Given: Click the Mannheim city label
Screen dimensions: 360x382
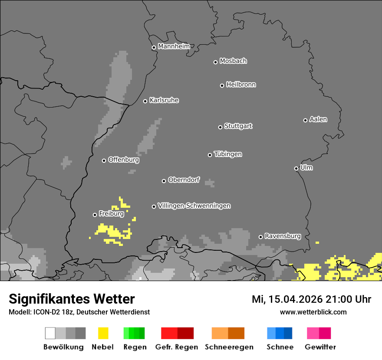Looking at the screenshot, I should [x=174, y=46].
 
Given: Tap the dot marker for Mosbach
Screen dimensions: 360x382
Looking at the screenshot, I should [x=215, y=62].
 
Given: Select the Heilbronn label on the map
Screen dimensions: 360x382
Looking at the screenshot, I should [x=241, y=85].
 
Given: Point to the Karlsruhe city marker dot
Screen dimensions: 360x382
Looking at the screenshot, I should [x=145, y=101].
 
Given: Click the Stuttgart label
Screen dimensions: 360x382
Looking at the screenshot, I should [x=238, y=126].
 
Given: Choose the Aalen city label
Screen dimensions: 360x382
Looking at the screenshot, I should [x=318, y=119].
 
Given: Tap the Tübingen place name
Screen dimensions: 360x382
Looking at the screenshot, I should [x=228, y=154].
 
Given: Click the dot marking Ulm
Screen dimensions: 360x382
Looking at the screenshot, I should [x=296, y=168].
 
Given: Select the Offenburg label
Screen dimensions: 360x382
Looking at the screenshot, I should [x=124, y=160].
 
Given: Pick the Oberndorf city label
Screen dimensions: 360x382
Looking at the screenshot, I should [x=184, y=180].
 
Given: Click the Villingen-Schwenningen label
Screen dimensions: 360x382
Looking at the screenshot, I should [x=194, y=206].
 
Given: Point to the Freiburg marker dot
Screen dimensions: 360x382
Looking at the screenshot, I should [x=95, y=215].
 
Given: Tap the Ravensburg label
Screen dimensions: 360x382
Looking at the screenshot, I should [x=283, y=236].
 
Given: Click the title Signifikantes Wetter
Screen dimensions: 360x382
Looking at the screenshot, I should [x=72, y=299].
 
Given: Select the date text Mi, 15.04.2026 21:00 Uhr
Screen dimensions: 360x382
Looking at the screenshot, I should [x=311, y=299].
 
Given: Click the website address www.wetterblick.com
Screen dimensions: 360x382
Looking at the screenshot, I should [x=313, y=312].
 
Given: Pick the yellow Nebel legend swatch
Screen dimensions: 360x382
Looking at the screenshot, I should [x=103, y=333].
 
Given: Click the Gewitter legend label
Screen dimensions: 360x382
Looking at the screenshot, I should [x=320, y=347].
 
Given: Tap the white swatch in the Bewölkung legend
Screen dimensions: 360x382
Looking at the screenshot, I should [x=50, y=333].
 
